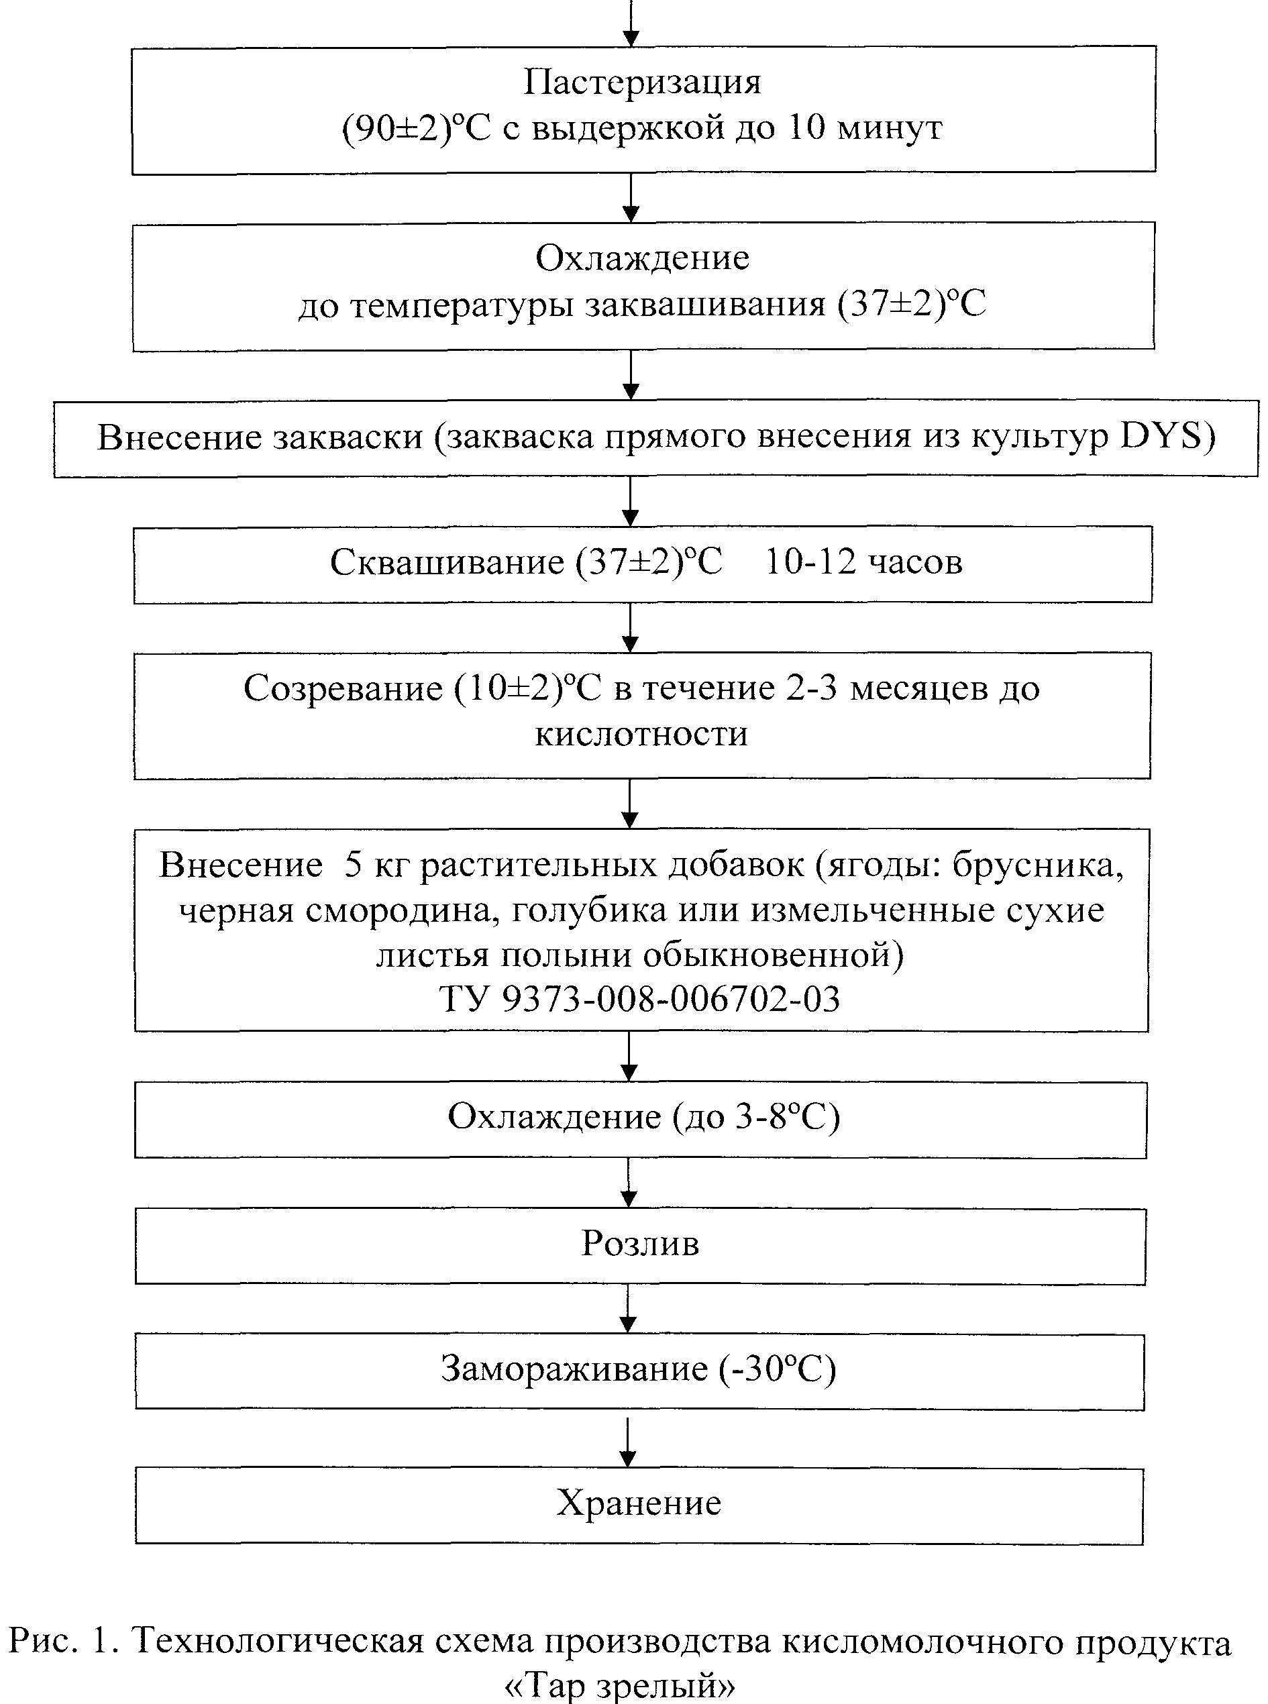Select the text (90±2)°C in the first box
[x=416, y=128]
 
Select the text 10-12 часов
[x=863, y=563]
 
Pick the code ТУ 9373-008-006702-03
[x=639, y=1000]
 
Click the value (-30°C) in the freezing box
[x=777, y=1369]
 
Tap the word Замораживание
[x=574, y=1369]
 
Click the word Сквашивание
[x=447, y=563]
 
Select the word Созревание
[x=342, y=688]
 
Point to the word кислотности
[x=641, y=735]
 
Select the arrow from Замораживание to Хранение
[x=628, y=1442]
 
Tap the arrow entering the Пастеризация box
[x=630, y=23]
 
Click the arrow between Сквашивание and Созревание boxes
[x=630, y=627]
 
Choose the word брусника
[x=1039, y=865]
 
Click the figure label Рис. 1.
[x=64, y=1641]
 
